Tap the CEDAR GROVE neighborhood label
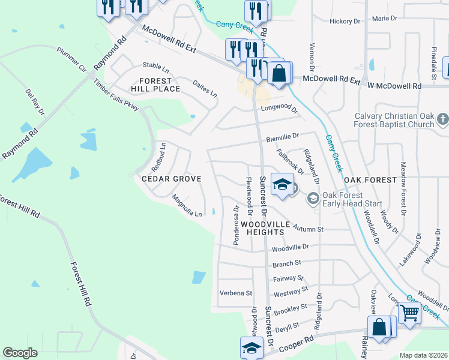[170, 179]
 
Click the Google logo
[20, 353]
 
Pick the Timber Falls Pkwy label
[116, 95]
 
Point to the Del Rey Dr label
[35, 102]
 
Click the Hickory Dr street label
[345, 21]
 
